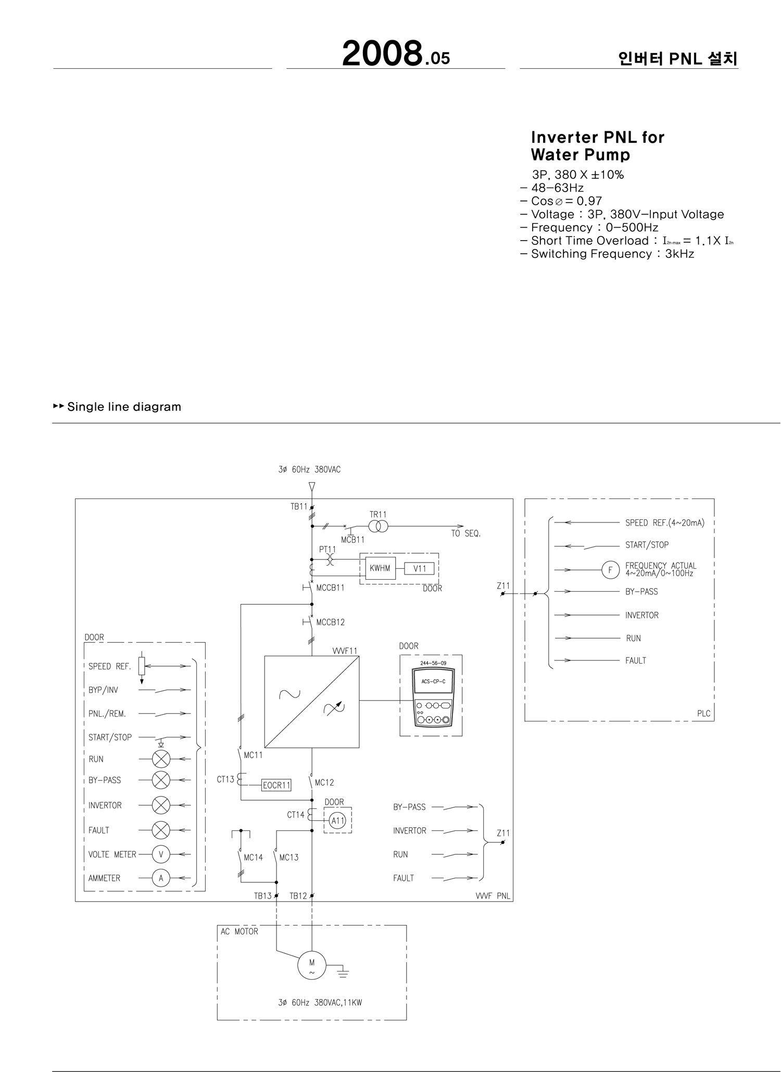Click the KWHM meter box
(x=380, y=568)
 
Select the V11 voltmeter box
(x=419, y=569)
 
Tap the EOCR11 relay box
(x=276, y=785)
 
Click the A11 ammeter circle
(x=338, y=821)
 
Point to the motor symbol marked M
(x=312, y=965)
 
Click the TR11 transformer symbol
(x=379, y=527)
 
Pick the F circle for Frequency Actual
(x=610, y=570)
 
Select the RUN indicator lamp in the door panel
(x=161, y=759)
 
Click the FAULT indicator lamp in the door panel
(x=161, y=830)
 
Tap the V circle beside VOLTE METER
(x=161, y=854)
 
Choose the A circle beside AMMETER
(x=161, y=878)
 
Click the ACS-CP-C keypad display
(x=433, y=681)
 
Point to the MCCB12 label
(x=330, y=622)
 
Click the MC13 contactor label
(x=289, y=857)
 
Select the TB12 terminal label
(x=298, y=896)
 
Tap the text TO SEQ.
(x=465, y=533)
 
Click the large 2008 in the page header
(x=382, y=54)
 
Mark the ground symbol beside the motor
(x=343, y=971)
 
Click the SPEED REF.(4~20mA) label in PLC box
(x=664, y=523)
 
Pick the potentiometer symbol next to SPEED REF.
(x=142, y=666)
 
